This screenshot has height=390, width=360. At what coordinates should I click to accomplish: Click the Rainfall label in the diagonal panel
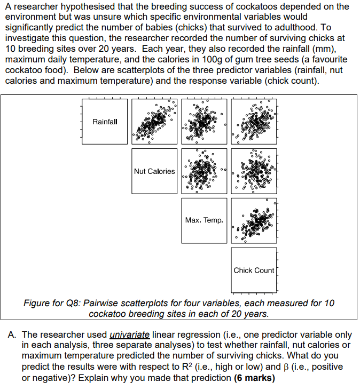click(x=105, y=122)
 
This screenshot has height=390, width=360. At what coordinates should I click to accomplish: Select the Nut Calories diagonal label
click(x=154, y=171)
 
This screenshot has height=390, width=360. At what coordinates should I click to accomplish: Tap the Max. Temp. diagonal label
click(x=204, y=220)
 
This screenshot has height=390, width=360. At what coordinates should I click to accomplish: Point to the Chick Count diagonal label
click(x=254, y=270)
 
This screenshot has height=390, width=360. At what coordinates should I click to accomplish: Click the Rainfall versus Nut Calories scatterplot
click(x=154, y=122)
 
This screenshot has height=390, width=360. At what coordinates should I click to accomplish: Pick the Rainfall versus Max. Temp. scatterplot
click(x=204, y=122)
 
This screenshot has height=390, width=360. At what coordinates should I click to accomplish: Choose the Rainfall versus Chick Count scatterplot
click(x=254, y=122)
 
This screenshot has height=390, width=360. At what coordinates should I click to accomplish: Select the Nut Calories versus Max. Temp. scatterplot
click(x=204, y=171)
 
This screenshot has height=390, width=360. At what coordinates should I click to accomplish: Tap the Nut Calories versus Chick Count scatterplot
click(x=254, y=171)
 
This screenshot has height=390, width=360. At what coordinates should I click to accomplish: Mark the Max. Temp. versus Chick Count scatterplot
click(x=254, y=220)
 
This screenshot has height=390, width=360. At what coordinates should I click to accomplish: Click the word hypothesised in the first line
click(x=73, y=6)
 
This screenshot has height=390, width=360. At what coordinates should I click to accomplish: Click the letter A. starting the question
click(x=13, y=335)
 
